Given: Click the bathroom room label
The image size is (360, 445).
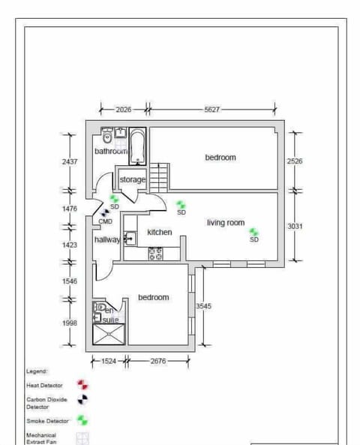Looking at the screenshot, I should [111, 151].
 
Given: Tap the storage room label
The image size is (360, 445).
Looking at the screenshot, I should [133, 180].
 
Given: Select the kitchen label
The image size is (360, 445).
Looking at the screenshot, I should [159, 233].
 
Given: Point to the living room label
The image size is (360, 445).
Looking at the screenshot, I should [226, 223].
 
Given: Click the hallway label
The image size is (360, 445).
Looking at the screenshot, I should [107, 239].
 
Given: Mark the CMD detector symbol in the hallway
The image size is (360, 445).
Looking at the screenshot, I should [106, 214].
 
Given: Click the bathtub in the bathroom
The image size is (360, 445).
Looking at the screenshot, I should [138, 146].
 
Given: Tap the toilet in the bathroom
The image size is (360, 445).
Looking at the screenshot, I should [107, 136].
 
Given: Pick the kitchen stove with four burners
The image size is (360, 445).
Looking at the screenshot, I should [156, 254].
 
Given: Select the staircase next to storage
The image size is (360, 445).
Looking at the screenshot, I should [159, 178].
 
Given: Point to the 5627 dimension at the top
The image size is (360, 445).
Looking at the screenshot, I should [212, 110].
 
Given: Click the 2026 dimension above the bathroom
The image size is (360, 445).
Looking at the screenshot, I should [124, 110].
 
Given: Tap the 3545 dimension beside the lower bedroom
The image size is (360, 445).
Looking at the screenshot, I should [203, 306].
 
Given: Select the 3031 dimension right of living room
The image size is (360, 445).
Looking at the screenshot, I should [295, 226].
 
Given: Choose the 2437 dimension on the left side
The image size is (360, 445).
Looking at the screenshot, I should [70, 161].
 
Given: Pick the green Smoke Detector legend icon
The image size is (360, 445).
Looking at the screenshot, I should [83, 421].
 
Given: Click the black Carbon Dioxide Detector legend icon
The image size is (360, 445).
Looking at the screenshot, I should [83, 401].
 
